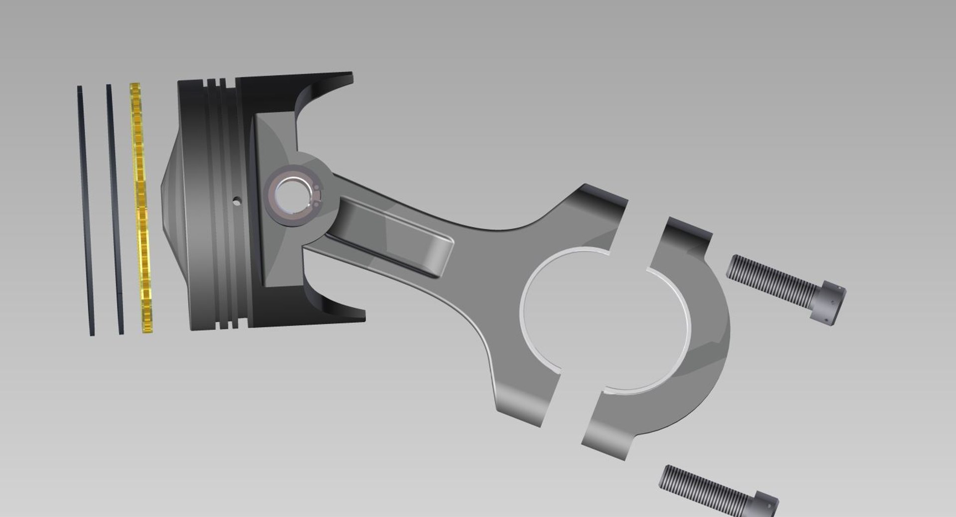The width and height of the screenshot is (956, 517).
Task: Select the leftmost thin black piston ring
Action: pos(85,209)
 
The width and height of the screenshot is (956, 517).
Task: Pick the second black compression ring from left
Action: pos(114,209)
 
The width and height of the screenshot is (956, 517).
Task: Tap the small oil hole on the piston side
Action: pos(238,201)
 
